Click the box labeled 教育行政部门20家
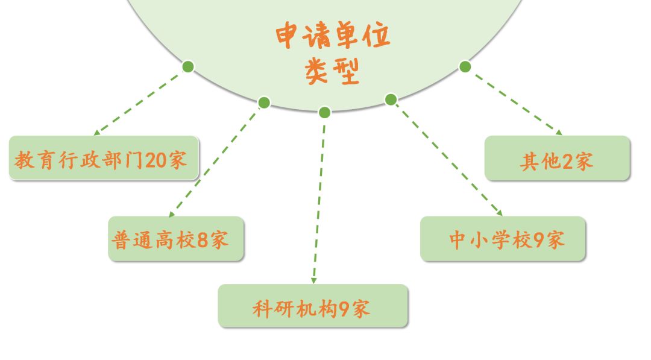[x=103, y=158]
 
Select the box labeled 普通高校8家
[x=176, y=239]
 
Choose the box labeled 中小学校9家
[x=503, y=239]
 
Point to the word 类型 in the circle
[x=332, y=72]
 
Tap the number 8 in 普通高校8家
[x=203, y=241]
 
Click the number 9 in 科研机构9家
[x=344, y=309]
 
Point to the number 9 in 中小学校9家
[x=538, y=241]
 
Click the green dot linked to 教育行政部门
[x=188, y=66]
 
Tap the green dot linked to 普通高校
[x=264, y=103]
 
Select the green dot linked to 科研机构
[x=324, y=112]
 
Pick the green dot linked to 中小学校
[x=391, y=99]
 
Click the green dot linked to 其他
[x=465, y=66]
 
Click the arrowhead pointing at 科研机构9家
[x=313, y=280]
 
